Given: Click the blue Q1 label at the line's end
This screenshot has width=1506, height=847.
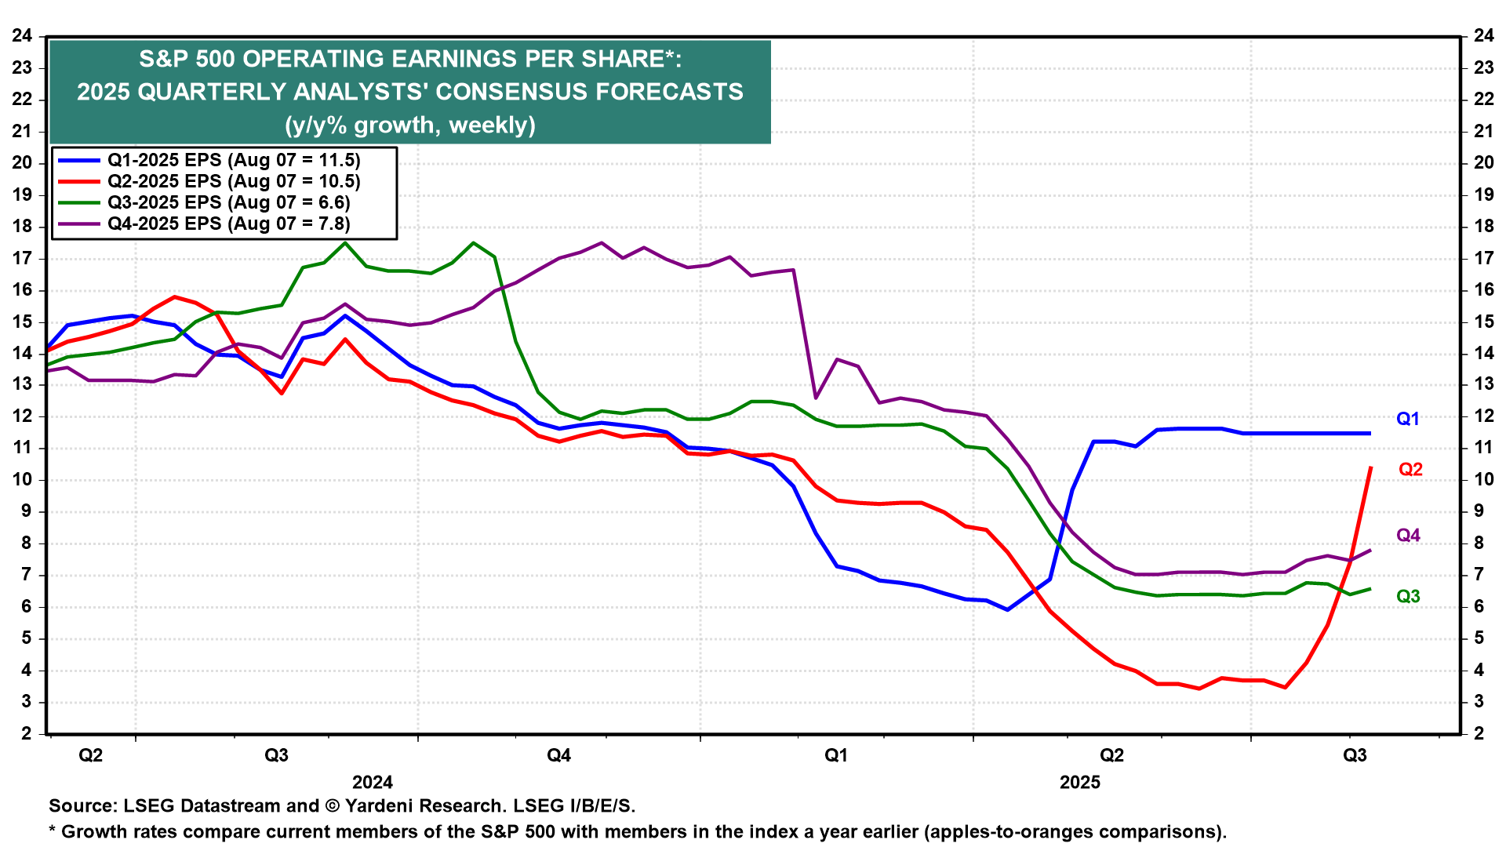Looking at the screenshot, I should coord(1408,419).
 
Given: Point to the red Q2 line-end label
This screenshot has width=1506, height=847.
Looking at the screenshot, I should coord(1410,469).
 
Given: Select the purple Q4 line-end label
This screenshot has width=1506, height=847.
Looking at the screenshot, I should coord(1408,535).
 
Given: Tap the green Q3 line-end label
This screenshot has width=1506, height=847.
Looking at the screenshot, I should coord(1408,596).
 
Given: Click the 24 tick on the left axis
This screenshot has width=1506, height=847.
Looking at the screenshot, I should coord(22,35).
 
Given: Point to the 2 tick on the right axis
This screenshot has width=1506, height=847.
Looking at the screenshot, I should coord(1483,733).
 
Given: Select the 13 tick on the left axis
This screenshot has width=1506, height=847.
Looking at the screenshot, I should coord(22,384).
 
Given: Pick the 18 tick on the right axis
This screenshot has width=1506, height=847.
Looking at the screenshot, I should coord(1483,226).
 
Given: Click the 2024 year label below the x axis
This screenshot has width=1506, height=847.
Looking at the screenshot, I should coord(373,782).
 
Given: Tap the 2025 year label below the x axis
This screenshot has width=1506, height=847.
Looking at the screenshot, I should coord(1080,782).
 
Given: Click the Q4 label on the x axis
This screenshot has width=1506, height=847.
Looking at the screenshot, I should coord(558,755).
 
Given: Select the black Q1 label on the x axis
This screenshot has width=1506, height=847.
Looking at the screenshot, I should coord(836,755).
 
